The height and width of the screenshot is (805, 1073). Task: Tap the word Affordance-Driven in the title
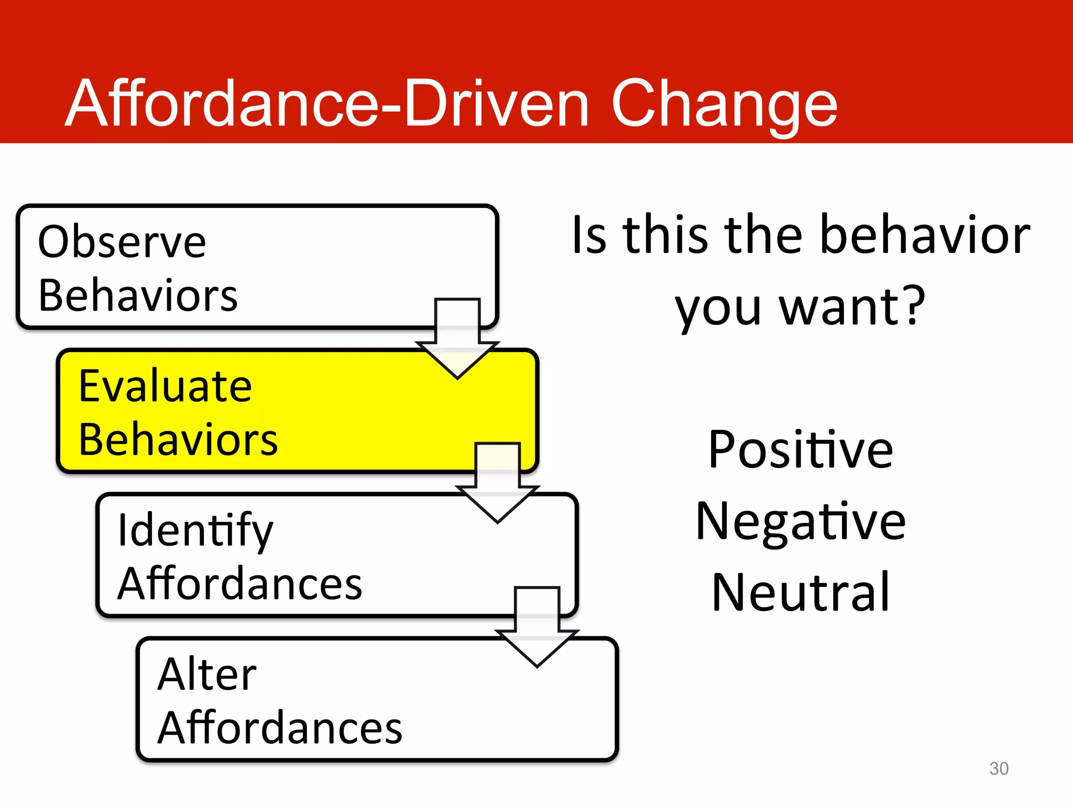[327, 104]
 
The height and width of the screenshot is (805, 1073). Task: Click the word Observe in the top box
[122, 242]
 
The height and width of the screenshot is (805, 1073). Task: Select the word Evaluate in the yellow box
[165, 386]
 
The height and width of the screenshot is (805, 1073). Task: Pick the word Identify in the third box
[195, 531]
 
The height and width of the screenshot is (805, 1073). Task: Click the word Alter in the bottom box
[207, 675]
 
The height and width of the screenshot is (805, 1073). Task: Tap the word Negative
[800, 521]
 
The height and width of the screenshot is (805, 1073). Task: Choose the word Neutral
[800, 593]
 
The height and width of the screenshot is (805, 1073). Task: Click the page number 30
[999, 768]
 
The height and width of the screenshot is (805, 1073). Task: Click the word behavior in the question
[925, 235]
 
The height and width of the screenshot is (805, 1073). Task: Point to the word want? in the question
[852, 307]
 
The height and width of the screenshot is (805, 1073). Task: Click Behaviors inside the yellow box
[178, 440]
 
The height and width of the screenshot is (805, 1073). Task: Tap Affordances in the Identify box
[240, 584]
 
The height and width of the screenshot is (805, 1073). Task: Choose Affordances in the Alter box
[280, 728]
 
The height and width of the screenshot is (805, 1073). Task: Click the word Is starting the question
[589, 235]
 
